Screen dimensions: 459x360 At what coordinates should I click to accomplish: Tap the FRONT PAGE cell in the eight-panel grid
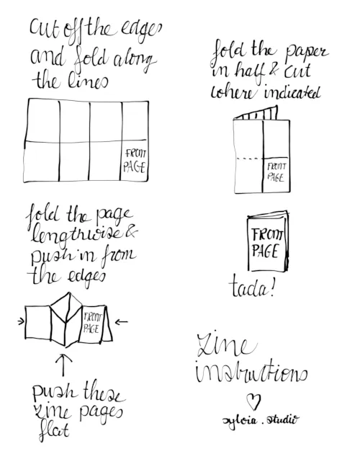[x=135, y=161]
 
